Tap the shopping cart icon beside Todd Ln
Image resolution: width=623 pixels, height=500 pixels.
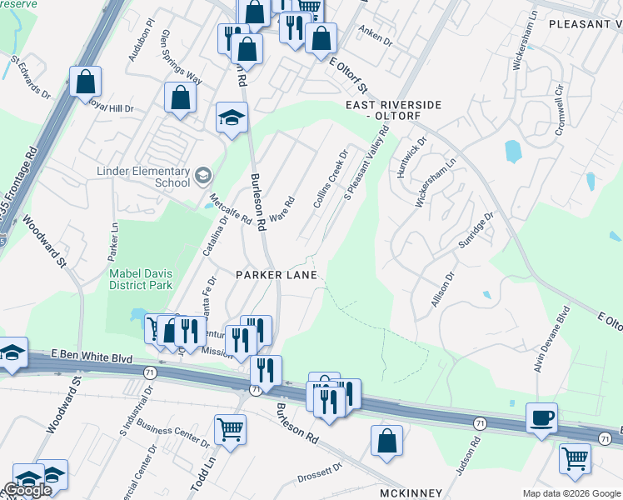click(231, 429)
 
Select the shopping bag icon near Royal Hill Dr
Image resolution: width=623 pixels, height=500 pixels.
click(85, 82)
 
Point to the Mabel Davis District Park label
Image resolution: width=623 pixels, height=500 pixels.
click(141, 279)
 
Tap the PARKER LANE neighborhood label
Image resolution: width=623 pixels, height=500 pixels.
click(277, 274)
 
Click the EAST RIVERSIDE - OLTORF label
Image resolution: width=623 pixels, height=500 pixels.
click(394, 110)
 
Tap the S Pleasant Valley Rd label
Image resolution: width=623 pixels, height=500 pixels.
click(367, 163)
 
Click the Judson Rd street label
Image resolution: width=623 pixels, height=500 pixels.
click(469, 457)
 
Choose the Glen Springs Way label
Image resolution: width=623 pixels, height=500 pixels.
click(182, 56)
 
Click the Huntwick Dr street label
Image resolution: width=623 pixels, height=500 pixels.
click(411, 157)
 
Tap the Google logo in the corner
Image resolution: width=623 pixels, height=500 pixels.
click(27, 491)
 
